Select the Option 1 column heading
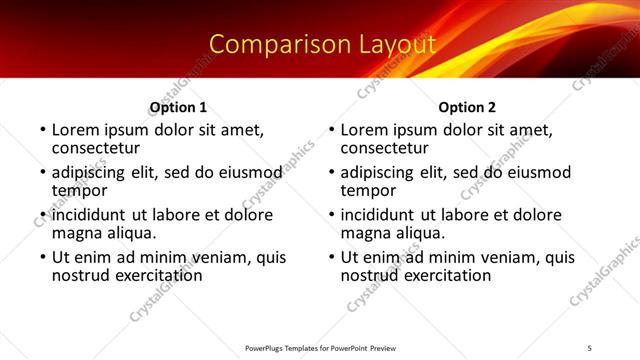coord(179,107)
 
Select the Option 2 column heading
coord(467,107)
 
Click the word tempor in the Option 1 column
coord(79,190)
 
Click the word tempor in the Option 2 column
coord(368,190)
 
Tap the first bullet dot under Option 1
coord(43,130)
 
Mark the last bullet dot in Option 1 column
coord(43,257)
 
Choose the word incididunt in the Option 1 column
coord(89,215)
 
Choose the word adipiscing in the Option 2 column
coord(377,172)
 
